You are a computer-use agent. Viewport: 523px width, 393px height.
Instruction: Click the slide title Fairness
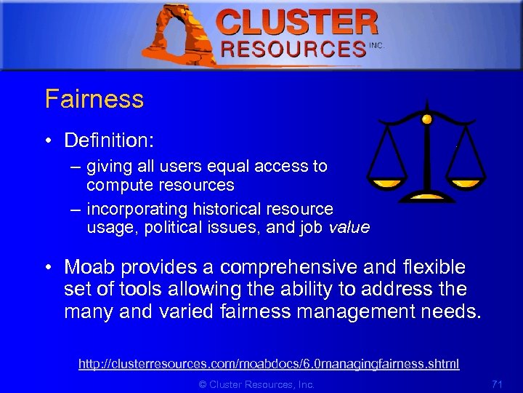(x=94, y=99)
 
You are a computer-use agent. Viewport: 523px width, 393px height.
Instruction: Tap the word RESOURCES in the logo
(x=293, y=49)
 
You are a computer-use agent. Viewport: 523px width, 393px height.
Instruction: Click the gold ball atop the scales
(x=427, y=119)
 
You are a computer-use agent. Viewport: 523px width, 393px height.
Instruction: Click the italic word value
(x=349, y=227)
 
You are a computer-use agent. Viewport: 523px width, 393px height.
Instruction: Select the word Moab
(x=90, y=267)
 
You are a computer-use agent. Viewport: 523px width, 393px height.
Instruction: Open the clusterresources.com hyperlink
(x=269, y=363)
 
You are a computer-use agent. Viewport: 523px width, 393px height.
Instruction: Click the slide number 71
(x=497, y=384)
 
